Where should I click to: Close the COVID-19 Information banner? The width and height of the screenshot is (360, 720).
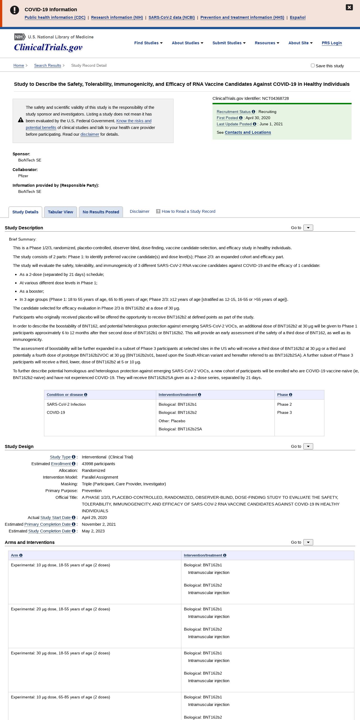point(349,7)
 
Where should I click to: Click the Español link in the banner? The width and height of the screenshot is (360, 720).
point(297,17)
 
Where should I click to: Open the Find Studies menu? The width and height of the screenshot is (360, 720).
point(148,43)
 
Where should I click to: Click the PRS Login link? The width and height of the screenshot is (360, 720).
point(332,43)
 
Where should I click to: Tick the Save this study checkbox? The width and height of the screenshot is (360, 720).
point(313,65)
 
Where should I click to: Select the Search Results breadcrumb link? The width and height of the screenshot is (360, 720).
point(47,65)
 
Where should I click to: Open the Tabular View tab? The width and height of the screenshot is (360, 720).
point(60,212)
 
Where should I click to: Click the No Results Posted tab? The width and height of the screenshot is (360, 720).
point(101,212)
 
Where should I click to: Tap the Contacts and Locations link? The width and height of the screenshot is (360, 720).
point(248,132)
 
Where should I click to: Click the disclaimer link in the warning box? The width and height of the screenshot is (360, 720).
point(90,134)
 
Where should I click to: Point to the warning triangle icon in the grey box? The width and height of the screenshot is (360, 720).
point(21,120)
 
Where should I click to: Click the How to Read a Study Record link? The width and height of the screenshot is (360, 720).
point(188,211)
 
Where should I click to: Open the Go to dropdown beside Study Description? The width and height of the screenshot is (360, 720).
point(308,228)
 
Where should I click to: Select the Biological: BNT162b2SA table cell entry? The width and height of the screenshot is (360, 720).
point(180,429)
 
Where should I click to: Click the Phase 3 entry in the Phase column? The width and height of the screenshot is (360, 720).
point(284,412)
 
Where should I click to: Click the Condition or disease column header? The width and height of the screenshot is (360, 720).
point(65,394)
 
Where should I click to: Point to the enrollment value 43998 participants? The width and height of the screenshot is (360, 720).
point(98,464)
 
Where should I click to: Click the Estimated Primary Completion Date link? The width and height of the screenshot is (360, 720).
point(47,524)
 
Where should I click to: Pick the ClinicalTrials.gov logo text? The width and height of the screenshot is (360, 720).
point(48,47)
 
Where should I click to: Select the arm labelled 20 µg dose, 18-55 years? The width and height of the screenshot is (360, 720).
point(60,609)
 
